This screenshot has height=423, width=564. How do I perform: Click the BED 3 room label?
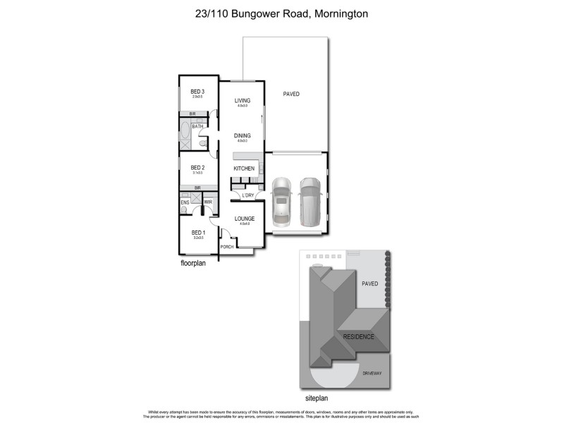coord(197,92)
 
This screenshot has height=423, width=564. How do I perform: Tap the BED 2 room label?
coord(197,167)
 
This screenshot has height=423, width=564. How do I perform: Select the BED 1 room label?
coord(197,232)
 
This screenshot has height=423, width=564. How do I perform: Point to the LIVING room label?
coord(243,101)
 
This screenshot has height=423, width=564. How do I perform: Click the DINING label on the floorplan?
coord(243,135)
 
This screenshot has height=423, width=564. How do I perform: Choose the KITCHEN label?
coord(244,168)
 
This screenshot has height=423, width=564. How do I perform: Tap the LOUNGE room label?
coord(245,219)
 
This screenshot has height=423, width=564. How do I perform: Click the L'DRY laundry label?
coord(247,195)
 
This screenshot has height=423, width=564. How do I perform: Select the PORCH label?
coord(227,247)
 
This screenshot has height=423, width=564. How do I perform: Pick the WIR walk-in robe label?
coord(208,202)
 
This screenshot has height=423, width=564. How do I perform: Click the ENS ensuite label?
coord(185,202)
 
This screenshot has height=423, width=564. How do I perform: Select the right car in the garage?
coord(309,200)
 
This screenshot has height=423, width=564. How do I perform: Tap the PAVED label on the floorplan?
coord(291,94)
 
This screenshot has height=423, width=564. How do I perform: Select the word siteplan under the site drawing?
coord(318,398)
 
